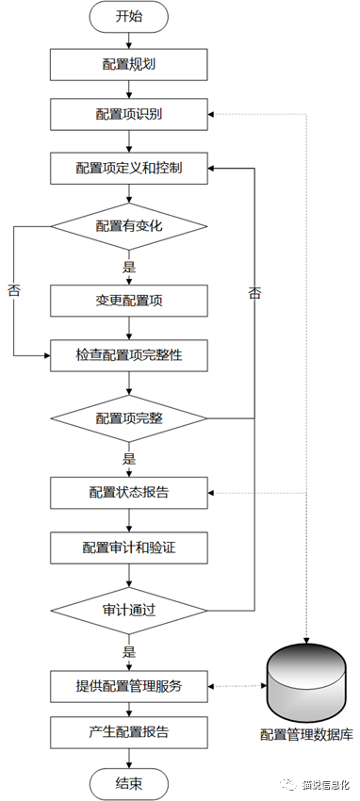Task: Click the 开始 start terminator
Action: click(x=129, y=16)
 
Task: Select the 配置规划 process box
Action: click(x=129, y=66)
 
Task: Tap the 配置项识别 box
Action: click(x=129, y=115)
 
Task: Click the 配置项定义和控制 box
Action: click(x=129, y=170)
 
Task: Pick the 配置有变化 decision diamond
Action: click(x=129, y=226)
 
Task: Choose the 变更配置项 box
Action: click(x=129, y=301)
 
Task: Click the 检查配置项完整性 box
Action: click(x=129, y=355)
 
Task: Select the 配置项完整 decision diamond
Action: click(x=129, y=417)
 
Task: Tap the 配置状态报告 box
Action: click(x=129, y=492)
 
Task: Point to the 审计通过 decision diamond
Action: click(x=129, y=609)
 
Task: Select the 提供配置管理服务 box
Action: click(x=129, y=685)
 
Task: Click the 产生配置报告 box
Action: click(x=129, y=731)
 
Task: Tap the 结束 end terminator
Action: click(x=129, y=782)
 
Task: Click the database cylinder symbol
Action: click(x=308, y=680)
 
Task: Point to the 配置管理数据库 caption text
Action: click(x=308, y=734)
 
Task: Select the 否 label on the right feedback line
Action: click(x=255, y=293)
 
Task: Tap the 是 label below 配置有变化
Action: click(x=129, y=268)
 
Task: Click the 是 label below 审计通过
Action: click(x=129, y=651)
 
